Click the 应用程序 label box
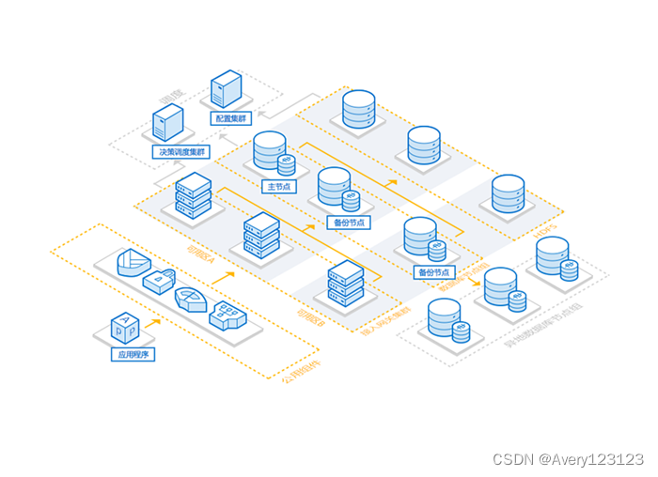133,355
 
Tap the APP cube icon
125,328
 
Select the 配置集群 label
228,119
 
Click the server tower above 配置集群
227,90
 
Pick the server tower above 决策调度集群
167,122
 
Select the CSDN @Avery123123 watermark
568,459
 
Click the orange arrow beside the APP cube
150,321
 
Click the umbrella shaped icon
191,299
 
